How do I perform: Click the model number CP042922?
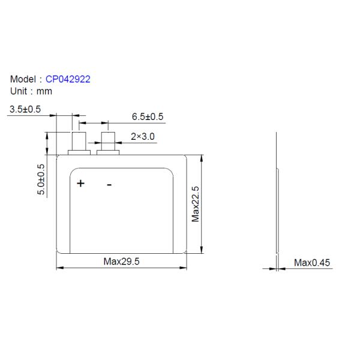[68, 79]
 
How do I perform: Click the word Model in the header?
[24, 79]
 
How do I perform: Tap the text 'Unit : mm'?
[31, 91]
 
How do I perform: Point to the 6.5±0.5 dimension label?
[148, 117]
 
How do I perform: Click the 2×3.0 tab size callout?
[143, 137]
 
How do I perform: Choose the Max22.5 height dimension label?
[195, 204]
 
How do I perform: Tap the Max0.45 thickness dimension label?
[312, 263]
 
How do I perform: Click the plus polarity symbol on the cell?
[80, 183]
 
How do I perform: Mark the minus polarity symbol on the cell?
[109, 184]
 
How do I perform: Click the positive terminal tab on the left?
[79, 143]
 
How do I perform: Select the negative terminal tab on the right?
[109, 143]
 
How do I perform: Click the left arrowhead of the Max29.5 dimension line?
[59, 268]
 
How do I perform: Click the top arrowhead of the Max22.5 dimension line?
[201, 157]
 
